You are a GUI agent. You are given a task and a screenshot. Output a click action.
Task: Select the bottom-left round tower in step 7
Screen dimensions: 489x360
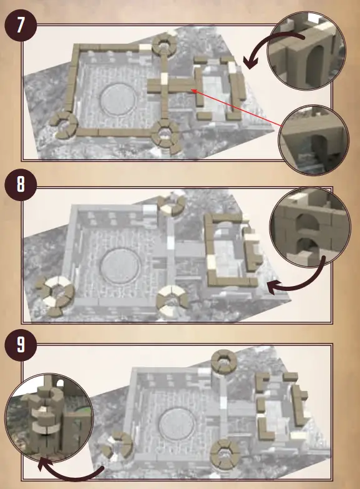(x=63, y=123)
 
